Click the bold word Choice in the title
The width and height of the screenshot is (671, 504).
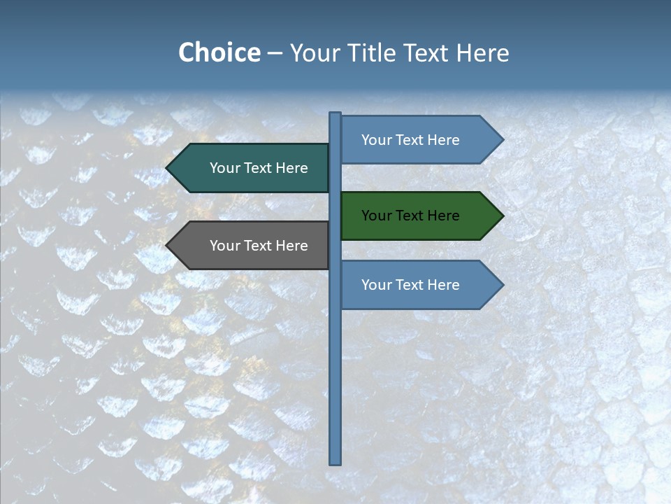pos(219,52)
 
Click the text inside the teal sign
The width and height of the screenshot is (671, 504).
pos(259,168)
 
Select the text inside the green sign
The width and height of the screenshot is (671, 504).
pos(410,216)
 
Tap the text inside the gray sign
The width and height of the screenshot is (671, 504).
pos(259,246)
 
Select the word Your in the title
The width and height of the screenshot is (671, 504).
pos(312,52)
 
